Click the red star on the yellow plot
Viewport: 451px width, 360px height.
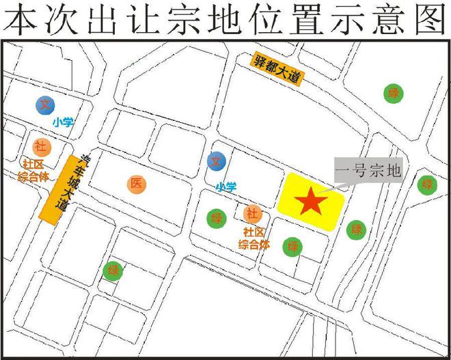(x=310, y=201)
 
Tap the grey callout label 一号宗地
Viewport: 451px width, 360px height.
(x=369, y=169)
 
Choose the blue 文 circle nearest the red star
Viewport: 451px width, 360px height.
(x=217, y=161)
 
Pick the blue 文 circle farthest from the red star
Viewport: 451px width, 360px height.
(x=45, y=105)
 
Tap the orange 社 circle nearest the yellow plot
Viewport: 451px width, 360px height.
(x=252, y=214)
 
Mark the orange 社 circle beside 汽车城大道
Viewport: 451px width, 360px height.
(x=40, y=146)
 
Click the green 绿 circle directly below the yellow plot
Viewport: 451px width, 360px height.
(x=293, y=246)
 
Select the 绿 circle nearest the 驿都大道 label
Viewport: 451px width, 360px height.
(x=393, y=94)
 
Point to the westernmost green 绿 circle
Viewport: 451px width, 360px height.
(x=112, y=271)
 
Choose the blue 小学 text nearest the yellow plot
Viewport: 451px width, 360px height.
(x=225, y=186)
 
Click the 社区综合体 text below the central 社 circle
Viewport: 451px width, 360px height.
(x=254, y=238)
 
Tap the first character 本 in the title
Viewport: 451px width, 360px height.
(x=18, y=18)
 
